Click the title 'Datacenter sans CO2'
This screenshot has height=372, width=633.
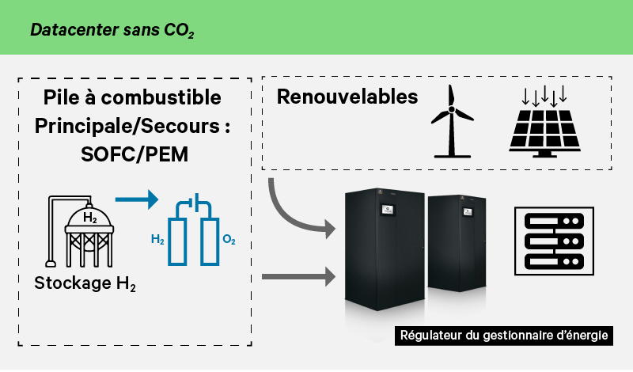[112, 32]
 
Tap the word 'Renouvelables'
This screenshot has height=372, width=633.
[347, 97]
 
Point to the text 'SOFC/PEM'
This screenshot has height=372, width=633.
[135, 154]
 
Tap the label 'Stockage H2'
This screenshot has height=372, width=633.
[85, 283]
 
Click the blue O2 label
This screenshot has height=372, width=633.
[229, 238]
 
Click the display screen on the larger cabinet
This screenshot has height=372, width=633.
[392, 211]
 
